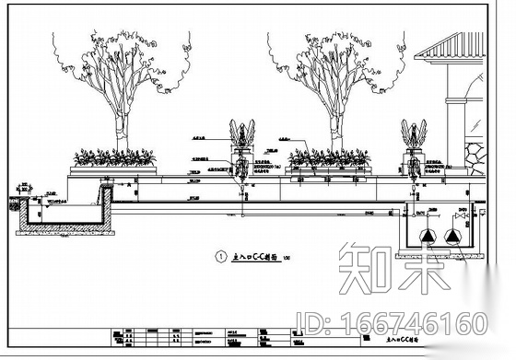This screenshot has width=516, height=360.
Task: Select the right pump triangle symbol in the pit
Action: point(452,237)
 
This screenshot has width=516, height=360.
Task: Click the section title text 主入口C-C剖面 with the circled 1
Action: point(253,260)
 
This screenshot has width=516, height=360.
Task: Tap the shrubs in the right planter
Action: point(329,157)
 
